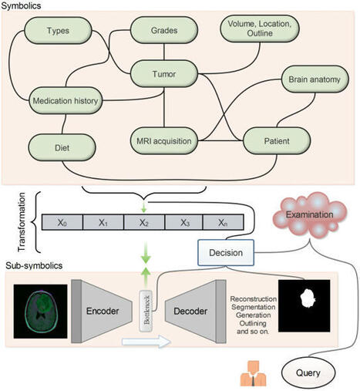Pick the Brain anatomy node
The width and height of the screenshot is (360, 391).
tap(315, 80)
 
